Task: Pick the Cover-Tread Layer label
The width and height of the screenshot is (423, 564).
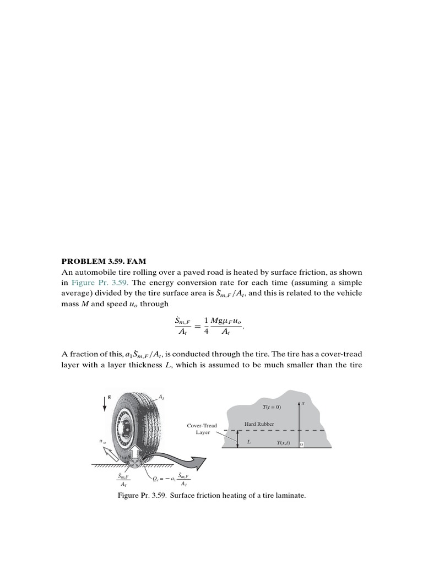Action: click(x=202, y=429)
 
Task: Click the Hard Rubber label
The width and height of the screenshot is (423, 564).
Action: click(x=259, y=424)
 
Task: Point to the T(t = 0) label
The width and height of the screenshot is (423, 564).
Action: click(x=272, y=406)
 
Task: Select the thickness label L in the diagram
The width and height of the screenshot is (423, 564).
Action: click(x=249, y=442)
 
